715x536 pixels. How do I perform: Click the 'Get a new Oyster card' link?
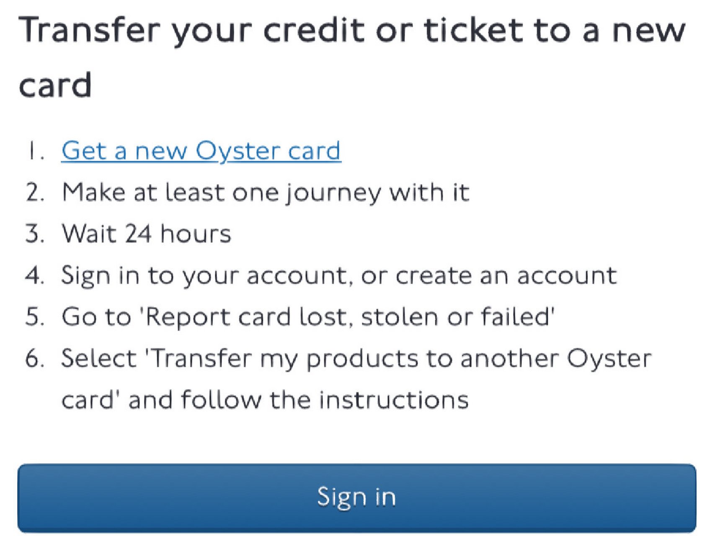click(201, 151)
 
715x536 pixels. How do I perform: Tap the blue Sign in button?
click(357, 498)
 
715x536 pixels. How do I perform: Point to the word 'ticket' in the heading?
click(473, 30)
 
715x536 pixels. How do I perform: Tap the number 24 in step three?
click(138, 234)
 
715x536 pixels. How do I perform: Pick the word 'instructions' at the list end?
click(394, 400)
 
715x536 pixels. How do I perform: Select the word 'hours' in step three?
click(196, 234)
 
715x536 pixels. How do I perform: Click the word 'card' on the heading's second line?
click(55, 85)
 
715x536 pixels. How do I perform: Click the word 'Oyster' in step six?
click(609, 359)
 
